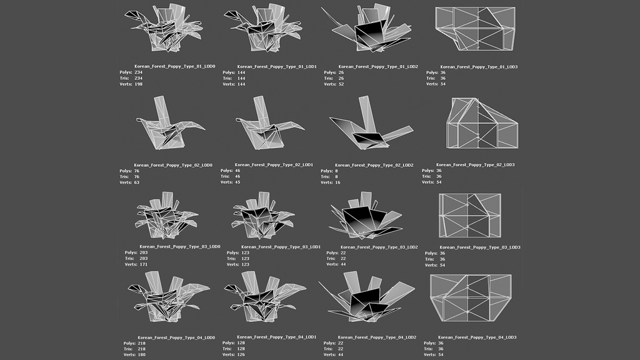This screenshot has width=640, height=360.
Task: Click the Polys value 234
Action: [138, 72]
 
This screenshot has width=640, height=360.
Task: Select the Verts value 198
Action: [138, 84]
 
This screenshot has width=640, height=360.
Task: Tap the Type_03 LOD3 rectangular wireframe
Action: [471, 215]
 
